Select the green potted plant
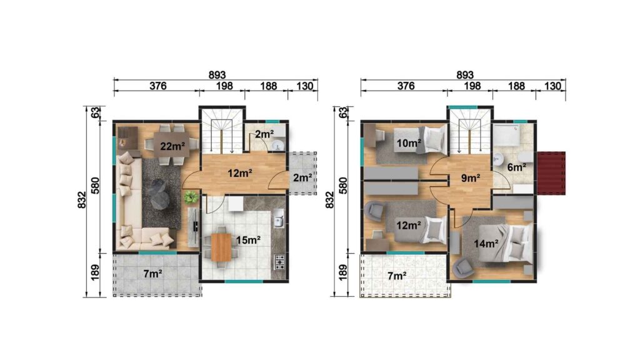click(x=191, y=197)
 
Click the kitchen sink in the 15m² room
click(x=279, y=220)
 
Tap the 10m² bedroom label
click(x=408, y=144)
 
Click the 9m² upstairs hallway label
click(x=470, y=177)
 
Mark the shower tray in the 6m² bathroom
click(x=512, y=132)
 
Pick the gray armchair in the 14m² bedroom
click(x=463, y=267)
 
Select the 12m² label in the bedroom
click(x=408, y=226)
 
